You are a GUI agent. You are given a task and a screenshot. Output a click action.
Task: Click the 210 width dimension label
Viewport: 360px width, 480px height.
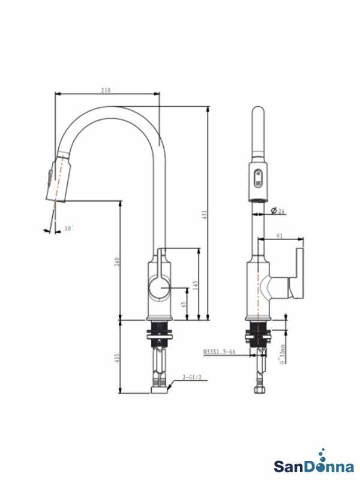(x=106, y=90)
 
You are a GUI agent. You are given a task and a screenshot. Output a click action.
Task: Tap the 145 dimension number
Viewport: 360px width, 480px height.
(x=196, y=286)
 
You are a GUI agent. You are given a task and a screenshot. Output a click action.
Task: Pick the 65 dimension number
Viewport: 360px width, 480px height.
(x=183, y=304)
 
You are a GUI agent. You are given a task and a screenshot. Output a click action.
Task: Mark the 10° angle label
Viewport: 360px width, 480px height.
(x=68, y=228)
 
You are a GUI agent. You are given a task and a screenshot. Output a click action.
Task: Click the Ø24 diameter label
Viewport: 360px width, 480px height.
(x=277, y=210)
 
